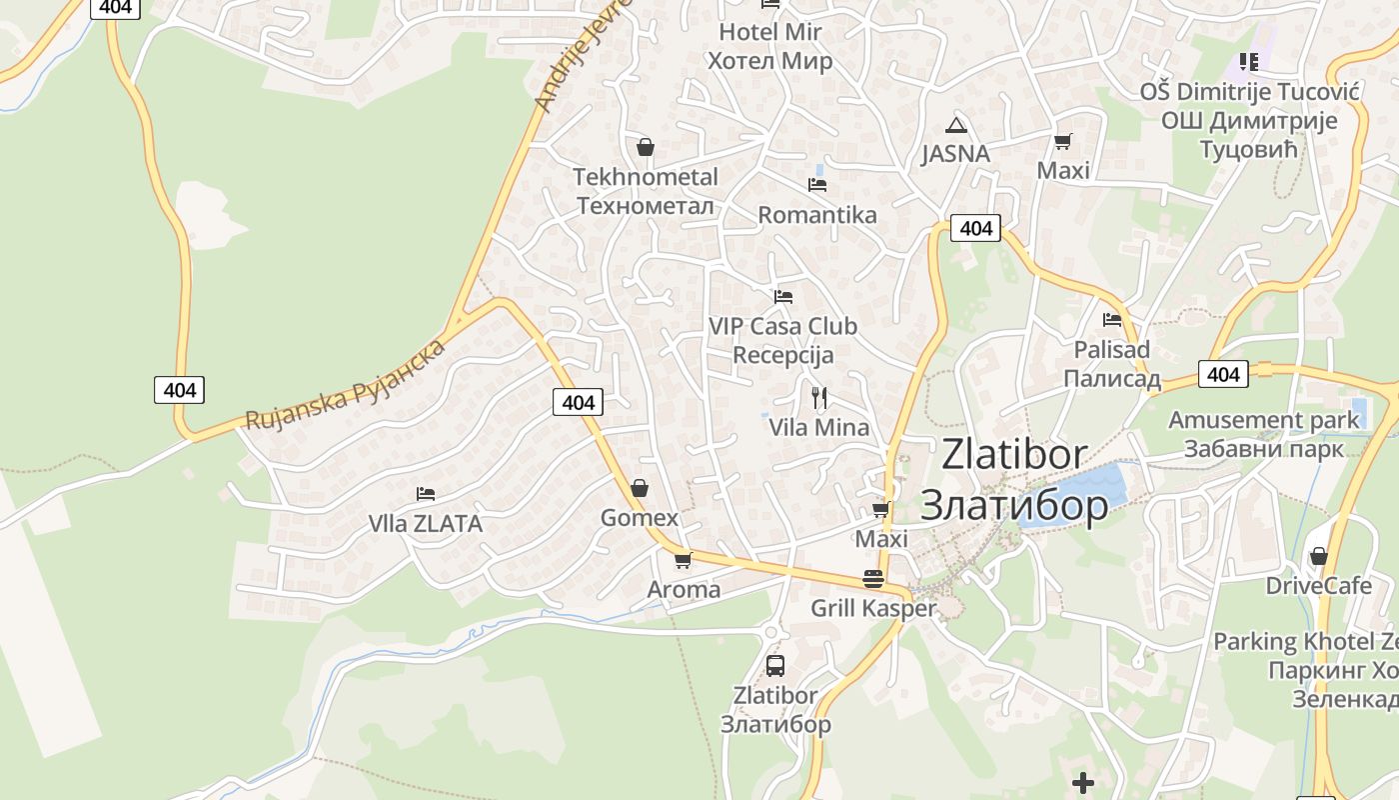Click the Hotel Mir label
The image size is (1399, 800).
coord(769,46)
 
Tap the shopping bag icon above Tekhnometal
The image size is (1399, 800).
coord(646,147)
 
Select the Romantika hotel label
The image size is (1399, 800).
coord(816,215)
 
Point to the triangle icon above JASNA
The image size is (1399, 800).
coord(956,125)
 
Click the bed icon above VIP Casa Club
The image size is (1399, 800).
coord(783,297)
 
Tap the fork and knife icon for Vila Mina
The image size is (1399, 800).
coord(819,398)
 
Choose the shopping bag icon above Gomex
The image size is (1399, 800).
coord(639,488)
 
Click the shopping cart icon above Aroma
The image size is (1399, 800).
coord(683,560)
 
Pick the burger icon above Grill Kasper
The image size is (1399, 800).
coord(873,579)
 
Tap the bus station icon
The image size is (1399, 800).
coord(774,665)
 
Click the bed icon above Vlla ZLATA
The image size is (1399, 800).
coord(425,494)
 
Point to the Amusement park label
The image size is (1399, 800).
coord(1264,433)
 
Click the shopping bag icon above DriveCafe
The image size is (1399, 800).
coord(1319,556)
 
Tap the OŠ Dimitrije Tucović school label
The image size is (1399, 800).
coord(1249,120)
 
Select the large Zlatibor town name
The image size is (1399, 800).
coord(1013,480)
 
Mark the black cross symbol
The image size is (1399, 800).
coord(1083,782)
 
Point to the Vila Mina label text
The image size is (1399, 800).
coord(818,428)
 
